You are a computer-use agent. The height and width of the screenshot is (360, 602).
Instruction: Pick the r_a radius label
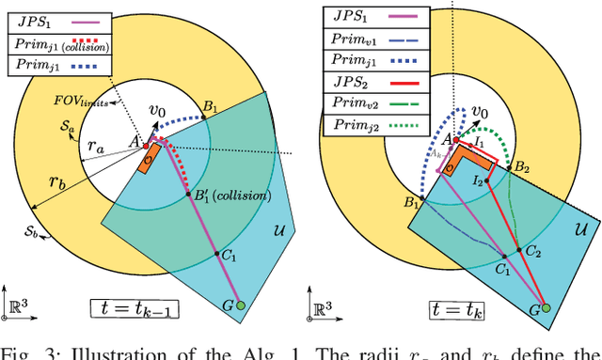coord(95,147)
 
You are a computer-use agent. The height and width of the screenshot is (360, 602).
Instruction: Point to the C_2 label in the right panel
coord(534,252)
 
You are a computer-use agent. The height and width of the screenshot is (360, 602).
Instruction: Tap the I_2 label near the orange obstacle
coord(479,178)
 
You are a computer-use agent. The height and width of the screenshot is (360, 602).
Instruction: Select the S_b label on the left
coord(33,228)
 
